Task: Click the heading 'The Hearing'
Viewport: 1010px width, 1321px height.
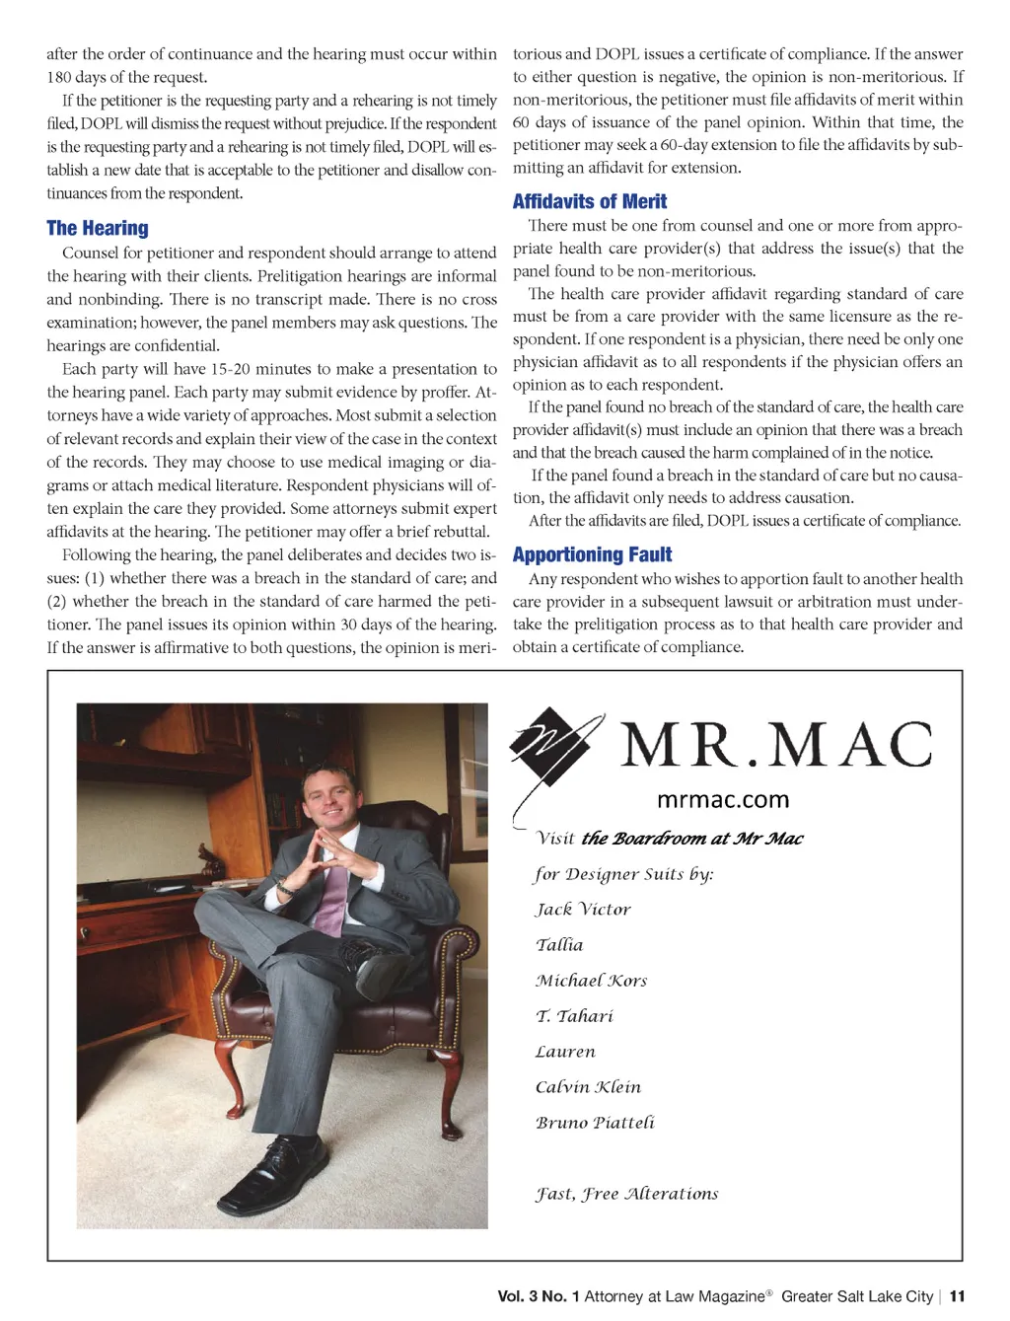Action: [98, 229]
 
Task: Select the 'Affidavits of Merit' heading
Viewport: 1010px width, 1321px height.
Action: [590, 202]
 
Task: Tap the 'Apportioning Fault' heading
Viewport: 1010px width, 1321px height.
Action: [592, 555]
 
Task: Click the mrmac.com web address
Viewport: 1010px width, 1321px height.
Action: [723, 800]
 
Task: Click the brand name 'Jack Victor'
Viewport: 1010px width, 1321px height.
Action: [583, 910]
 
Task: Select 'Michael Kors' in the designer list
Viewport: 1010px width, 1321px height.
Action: [591, 981]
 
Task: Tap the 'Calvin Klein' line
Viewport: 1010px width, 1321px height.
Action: [588, 1087]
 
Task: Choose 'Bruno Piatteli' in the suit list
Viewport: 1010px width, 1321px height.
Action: [595, 1123]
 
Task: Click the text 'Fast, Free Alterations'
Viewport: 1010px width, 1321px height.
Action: [626, 1194]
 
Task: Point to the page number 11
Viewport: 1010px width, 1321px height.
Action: [957, 1296]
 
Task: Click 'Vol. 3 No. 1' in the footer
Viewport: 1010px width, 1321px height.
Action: [539, 1296]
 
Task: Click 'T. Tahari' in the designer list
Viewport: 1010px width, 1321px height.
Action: [574, 1016]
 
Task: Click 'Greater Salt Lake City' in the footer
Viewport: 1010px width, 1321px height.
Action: [857, 1296]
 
